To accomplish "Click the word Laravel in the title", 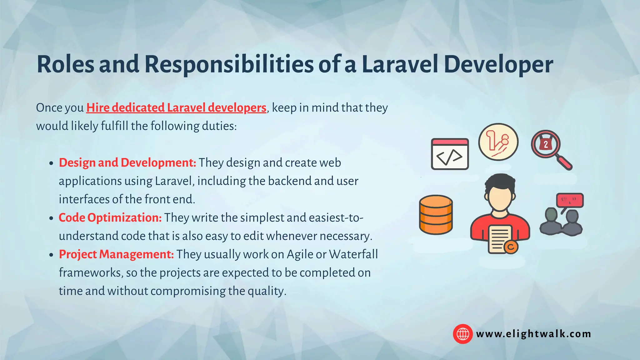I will coord(400,65).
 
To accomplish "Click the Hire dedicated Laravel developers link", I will coord(176,108).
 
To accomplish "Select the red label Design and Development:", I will coord(127,163).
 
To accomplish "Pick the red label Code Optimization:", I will coord(110,218).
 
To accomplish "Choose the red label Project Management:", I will coord(116,254).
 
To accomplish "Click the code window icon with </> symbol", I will coord(450,154).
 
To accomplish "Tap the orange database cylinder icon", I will coord(436,215).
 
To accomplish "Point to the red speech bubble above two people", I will coord(570,200).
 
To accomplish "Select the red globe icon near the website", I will coord(462,334).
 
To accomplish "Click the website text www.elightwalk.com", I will coord(533,334).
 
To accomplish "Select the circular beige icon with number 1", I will coord(498,142).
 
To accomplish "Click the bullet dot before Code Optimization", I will coord(52,218).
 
